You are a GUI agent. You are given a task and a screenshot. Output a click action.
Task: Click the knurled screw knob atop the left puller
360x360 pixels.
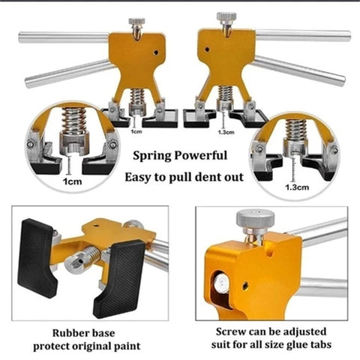136,22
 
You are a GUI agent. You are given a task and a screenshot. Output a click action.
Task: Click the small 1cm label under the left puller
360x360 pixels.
136,131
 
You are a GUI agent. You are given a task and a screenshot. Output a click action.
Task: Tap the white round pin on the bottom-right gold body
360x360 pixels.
222,283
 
